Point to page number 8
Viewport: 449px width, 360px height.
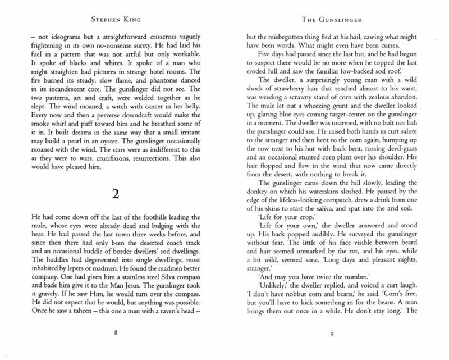pyautogui.click(x=115, y=332)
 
